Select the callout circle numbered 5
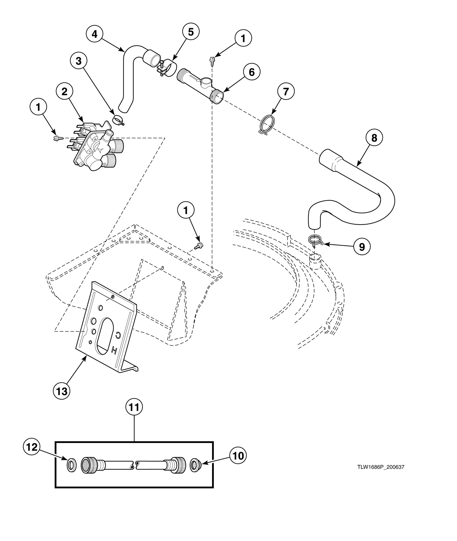(191, 32)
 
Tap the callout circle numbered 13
(62, 391)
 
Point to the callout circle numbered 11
(134, 415)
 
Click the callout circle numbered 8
(374, 138)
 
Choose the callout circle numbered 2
(64, 92)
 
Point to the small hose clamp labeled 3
(118, 120)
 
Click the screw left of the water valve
(58, 138)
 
